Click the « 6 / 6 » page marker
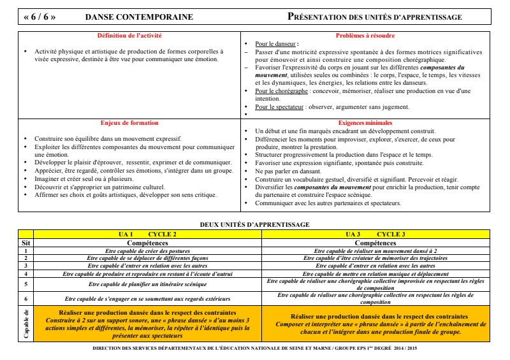(x=40, y=17)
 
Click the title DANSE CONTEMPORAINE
(x=138, y=17)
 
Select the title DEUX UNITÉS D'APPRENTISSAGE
(x=255, y=224)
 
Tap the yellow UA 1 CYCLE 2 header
(x=147, y=234)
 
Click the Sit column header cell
(x=25, y=243)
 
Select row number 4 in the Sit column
(x=25, y=273)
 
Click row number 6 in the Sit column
(x=25, y=298)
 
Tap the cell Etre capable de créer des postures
(x=147, y=250)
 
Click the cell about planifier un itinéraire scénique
(x=147, y=284)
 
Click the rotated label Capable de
(x=25, y=323)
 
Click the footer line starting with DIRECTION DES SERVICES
(x=255, y=349)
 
